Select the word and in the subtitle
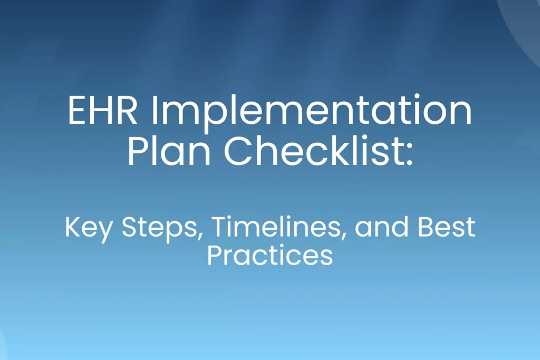point(382,227)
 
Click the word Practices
point(269,255)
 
